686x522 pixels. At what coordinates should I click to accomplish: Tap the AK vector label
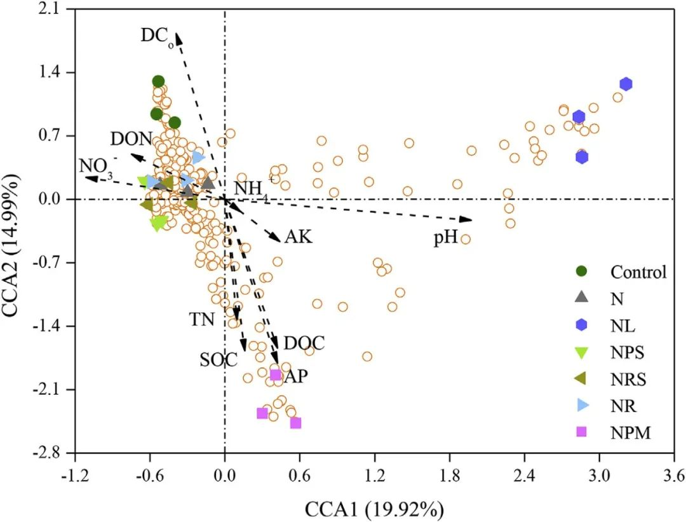click(299, 237)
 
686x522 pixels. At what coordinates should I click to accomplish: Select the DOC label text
click(304, 343)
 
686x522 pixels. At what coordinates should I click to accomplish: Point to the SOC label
click(218, 360)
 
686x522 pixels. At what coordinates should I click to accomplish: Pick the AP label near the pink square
click(295, 376)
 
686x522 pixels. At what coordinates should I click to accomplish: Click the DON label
click(131, 139)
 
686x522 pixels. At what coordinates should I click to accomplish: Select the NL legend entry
click(622, 326)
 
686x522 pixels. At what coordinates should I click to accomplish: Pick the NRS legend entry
click(628, 380)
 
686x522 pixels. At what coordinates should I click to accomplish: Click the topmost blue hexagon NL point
click(626, 84)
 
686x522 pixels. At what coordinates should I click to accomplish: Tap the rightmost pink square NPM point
click(295, 423)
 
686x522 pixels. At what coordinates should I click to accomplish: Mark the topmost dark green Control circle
click(158, 81)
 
